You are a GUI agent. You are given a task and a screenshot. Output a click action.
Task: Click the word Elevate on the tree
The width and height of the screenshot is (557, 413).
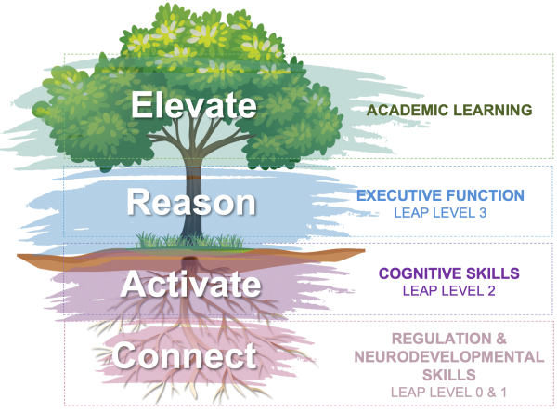(193, 104)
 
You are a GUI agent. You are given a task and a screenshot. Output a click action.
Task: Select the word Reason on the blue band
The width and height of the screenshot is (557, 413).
(190, 202)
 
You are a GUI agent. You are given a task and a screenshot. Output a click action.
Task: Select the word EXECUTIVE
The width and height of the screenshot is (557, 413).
(399, 195)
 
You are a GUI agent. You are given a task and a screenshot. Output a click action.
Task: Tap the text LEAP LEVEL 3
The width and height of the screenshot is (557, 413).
(442, 213)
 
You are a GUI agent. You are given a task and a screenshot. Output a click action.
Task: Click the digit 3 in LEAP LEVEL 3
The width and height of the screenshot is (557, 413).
(484, 213)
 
